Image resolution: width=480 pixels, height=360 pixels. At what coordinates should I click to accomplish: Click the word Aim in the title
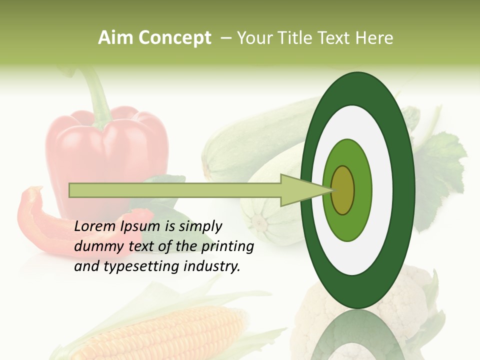tap(115, 38)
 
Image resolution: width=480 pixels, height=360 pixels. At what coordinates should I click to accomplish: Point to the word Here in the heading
tap(374, 38)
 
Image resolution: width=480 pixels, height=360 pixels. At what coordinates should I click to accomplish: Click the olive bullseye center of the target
tap(343, 190)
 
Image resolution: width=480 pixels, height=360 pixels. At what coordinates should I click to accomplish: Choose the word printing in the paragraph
tap(227, 247)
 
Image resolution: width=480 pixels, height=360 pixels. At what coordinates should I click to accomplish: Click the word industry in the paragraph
tap(210, 266)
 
